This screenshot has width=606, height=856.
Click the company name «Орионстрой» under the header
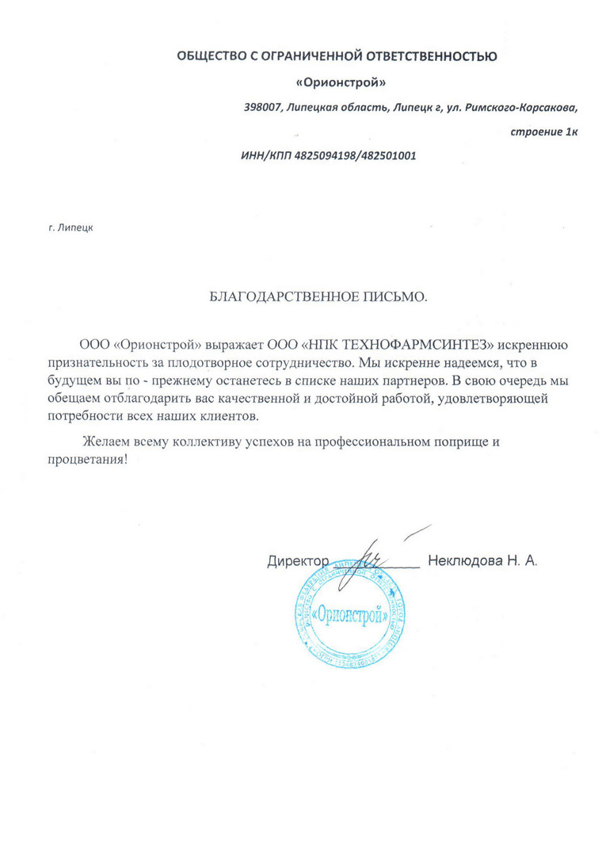tap(341, 82)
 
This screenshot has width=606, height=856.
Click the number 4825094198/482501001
tap(352, 156)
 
